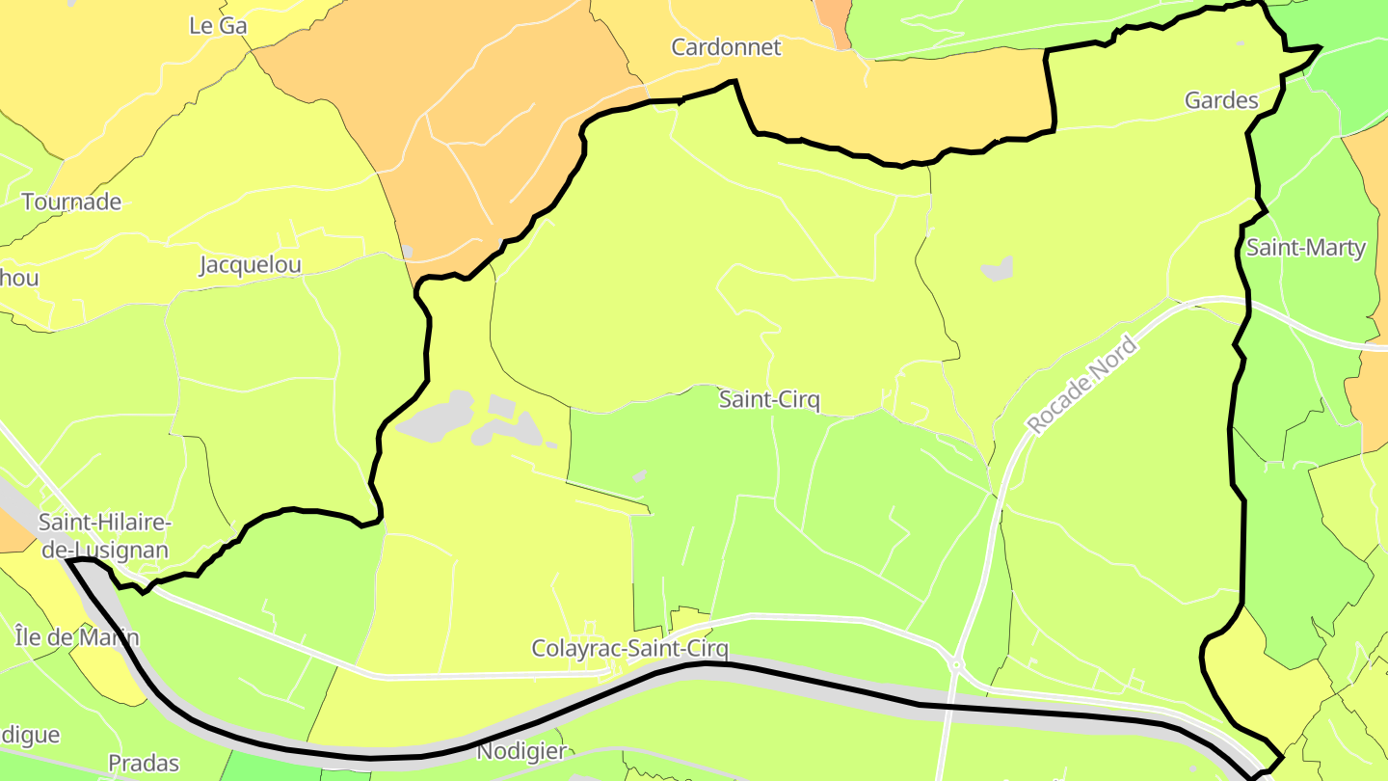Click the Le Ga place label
(x=218, y=26)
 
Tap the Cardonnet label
(x=726, y=47)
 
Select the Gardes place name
(x=1221, y=100)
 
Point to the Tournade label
(x=71, y=202)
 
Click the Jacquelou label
(x=251, y=265)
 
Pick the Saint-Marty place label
(x=1306, y=248)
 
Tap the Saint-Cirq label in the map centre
(x=769, y=399)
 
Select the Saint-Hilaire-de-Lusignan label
(x=104, y=537)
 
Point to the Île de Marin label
(x=77, y=637)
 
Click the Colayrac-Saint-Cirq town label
(x=630, y=649)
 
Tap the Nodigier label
(x=521, y=751)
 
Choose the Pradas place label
(x=144, y=764)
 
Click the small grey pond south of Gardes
(x=999, y=268)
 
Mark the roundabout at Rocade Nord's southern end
(x=955, y=664)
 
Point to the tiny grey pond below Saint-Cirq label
(x=639, y=475)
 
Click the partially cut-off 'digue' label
(x=29, y=736)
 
